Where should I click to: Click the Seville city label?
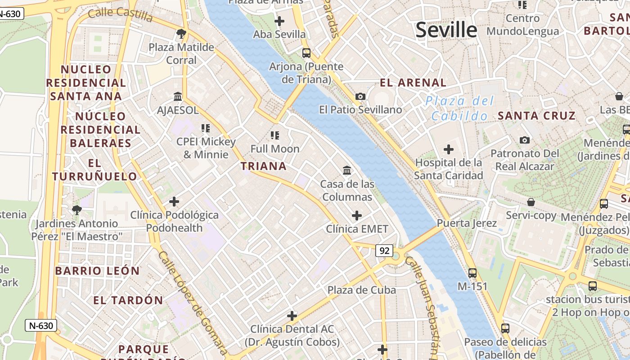pyautogui.click(x=446, y=30)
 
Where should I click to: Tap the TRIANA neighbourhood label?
pyautogui.click(x=264, y=166)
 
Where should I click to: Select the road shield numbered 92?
pyautogui.click(x=384, y=251)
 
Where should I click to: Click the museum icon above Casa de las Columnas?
pyautogui.click(x=347, y=170)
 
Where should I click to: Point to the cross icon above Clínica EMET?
pyautogui.click(x=357, y=216)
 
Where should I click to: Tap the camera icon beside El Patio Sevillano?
pyautogui.click(x=360, y=96)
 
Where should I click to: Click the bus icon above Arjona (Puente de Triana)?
pyautogui.click(x=306, y=53)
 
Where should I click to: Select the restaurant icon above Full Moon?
pyautogui.click(x=275, y=135)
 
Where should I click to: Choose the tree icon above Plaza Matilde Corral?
pyautogui.click(x=181, y=33)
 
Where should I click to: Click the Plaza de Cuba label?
pyautogui.click(x=362, y=290)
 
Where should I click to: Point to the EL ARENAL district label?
pyautogui.click(x=413, y=83)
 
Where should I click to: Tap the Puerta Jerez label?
pyautogui.click(x=467, y=223)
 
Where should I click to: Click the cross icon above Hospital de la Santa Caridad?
pyautogui.click(x=449, y=149)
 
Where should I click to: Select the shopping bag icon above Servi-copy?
pyautogui.click(x=531, y=202)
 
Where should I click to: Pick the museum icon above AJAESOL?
pyautogui.click(x=178, y=96)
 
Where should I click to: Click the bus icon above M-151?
pyautogui.click(x=472, y=273)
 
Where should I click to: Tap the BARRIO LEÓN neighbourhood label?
pyautogui.click(x=97, y=271)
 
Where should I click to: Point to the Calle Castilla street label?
pyautogui.click(x=121, y=14)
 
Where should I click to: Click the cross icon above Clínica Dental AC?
pyautogui.click(x=292, y=316)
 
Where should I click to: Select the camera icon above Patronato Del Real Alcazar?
pyautogui.click(x=524, y=140)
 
